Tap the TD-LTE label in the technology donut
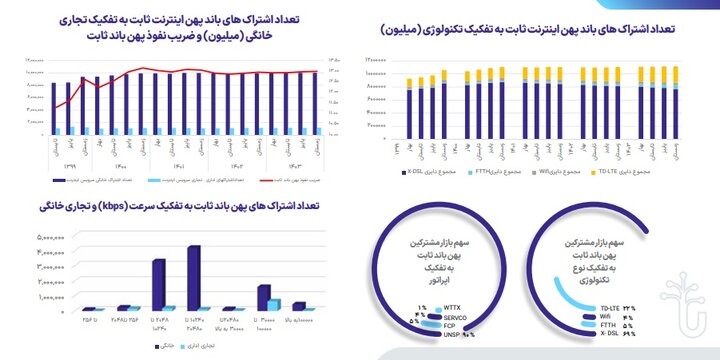(x=609, y=307)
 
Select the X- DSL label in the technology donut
(x=609, y=332)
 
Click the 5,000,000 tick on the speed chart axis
(x=50, y=238)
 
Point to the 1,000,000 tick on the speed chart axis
(x=50, y=297)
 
